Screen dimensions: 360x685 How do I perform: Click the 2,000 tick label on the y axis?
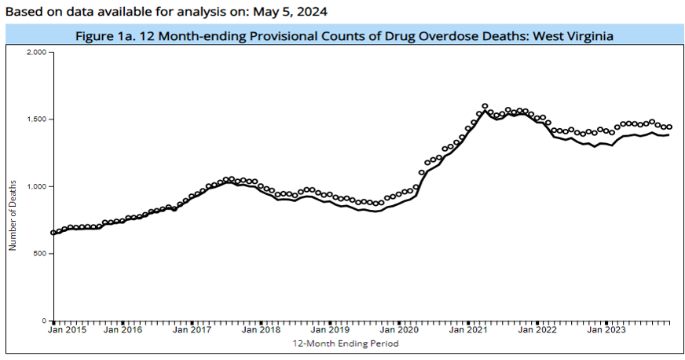36,52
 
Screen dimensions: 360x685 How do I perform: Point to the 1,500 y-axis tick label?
36,119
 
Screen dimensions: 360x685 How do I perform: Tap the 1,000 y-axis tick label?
36,186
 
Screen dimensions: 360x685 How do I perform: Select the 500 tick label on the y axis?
41,254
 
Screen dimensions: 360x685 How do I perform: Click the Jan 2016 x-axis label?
123,331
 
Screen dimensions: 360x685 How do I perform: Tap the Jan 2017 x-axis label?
192,331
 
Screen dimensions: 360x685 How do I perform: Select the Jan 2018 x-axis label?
261,331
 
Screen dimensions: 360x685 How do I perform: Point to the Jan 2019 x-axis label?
330,331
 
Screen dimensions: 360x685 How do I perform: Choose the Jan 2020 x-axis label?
399,331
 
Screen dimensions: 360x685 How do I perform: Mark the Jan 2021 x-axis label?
468,331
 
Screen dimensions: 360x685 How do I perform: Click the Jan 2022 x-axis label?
537,331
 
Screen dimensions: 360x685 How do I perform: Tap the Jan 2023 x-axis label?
606,331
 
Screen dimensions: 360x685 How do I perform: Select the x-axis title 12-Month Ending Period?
346,344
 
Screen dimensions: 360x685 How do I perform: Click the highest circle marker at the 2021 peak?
485,106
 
